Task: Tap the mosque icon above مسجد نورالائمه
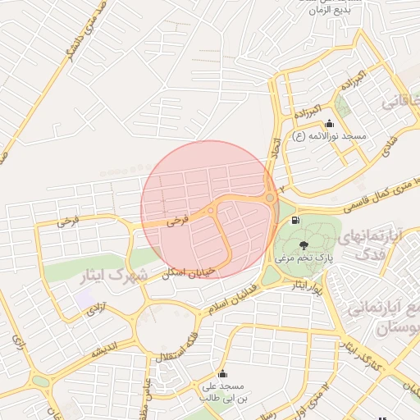(x=330, y=124)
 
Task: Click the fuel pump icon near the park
(x=294, y=219)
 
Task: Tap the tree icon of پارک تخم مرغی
(x=304, y=244)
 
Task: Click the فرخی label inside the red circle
(x=176, y=220)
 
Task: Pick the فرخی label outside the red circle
(x=68, y=221)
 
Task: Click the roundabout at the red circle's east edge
(x=270, y=198)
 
